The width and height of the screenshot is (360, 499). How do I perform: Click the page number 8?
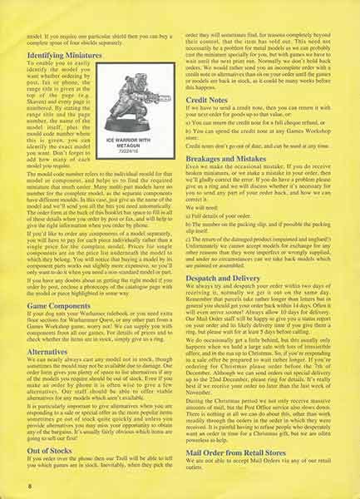tap(30, 482)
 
